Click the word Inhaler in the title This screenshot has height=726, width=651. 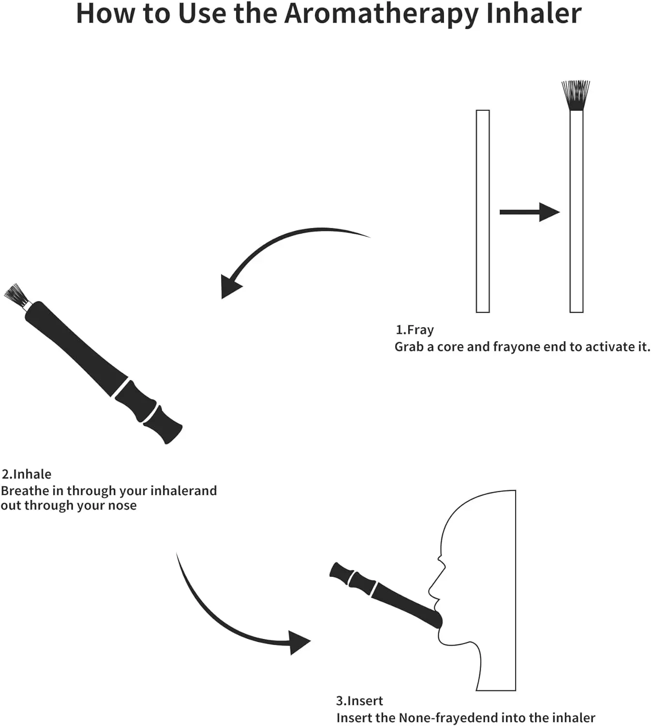533,14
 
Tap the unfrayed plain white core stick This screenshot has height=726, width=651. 482,211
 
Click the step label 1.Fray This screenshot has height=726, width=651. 414,330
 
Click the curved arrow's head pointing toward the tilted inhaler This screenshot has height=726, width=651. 229,287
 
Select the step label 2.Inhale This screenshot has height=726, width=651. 27,474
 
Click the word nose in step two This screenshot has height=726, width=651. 123,506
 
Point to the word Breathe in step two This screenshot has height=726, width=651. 25,491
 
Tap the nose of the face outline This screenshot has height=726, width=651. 441,561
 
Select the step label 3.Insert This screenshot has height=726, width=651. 359,701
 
